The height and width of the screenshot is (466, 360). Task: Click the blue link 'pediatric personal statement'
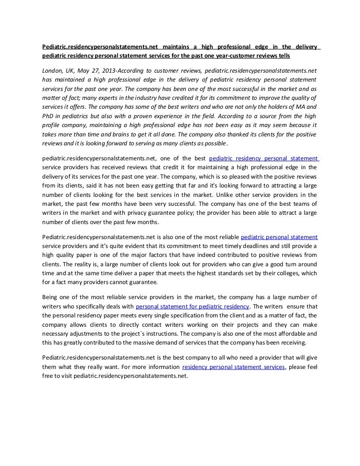pos(279,237)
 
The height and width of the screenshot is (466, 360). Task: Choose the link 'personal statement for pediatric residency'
pos(192,306)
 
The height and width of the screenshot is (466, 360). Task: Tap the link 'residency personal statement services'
pos(233,367)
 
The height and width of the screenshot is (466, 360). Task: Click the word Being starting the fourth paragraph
pos(51,297)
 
